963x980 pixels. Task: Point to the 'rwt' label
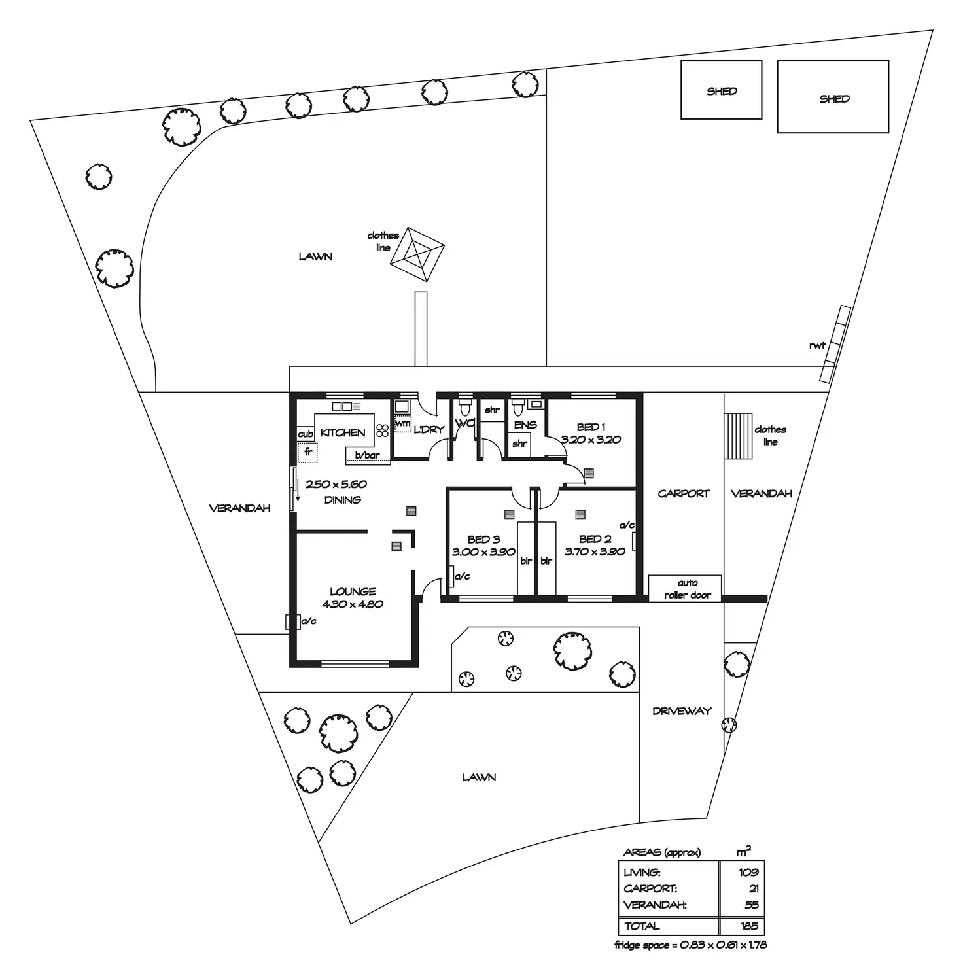[817, 345]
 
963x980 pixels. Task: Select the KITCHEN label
[343, 432]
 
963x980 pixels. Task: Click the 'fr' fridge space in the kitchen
[307, 451]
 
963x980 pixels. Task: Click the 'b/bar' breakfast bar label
[367, 455]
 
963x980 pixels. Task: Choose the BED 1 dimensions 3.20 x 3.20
[591, 440]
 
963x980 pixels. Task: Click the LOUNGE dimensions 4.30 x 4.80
[353, 604]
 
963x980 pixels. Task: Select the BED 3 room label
[483, 539]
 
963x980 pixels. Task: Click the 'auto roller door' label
[688, 589]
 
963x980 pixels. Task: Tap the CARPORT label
[684, 493]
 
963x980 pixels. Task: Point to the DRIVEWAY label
[682, 711]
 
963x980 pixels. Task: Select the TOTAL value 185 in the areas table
[749, 926]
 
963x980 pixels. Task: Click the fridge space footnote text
[690, 945]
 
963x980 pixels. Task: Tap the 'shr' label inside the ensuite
[519, 444]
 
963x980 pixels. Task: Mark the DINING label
[343, 500]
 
